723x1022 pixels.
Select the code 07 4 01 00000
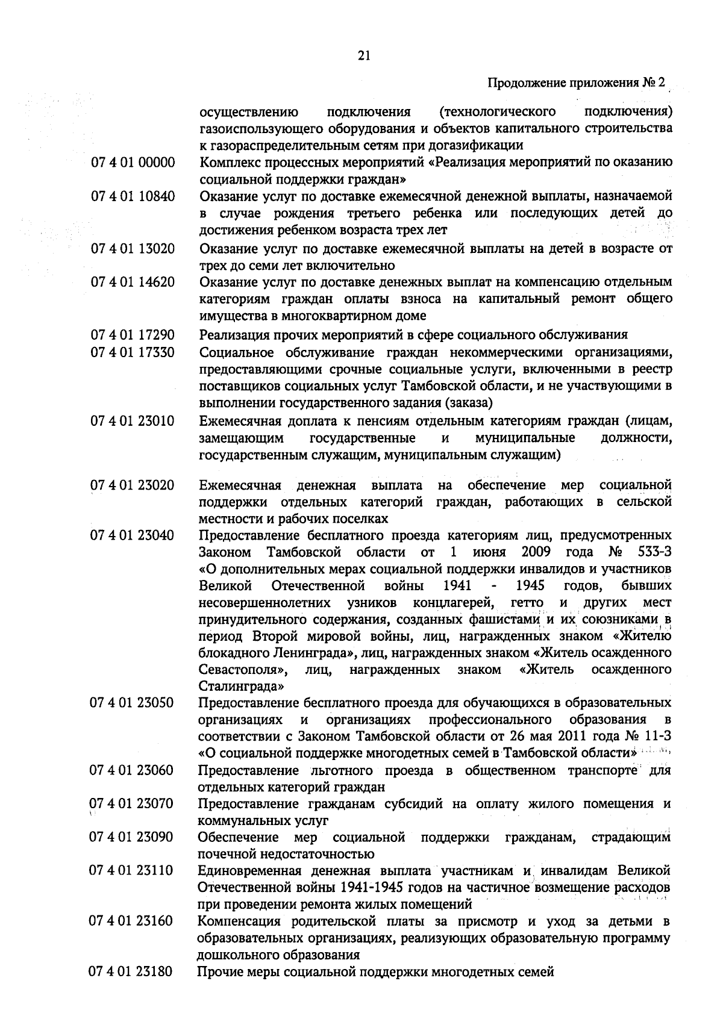(x=133, y=163)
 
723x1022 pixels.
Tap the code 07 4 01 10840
(x=133, y=197)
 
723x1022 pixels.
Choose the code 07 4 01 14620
(x=133, y=282)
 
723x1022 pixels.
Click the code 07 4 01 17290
(x=133, y=335)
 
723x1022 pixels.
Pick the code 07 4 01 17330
(x=133, y=352)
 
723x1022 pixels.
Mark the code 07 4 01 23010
(x=133, y=420)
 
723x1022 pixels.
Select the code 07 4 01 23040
(x=133, y=535)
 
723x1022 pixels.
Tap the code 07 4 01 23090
(x=133, y=838)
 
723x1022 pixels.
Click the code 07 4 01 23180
(x=133, y=972)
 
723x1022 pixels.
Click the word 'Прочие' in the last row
(x=218, y=972)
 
